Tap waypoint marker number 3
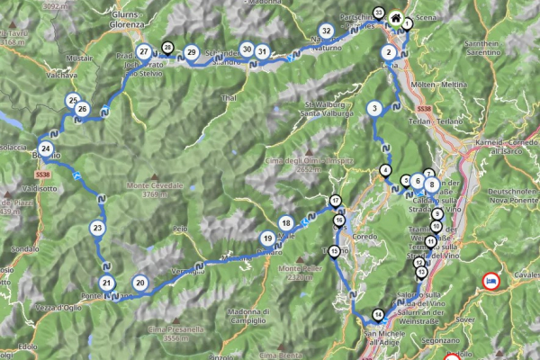pyautogui.click(x=389, y=52)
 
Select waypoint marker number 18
pyautogui.click(x=373, y=109)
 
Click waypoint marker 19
pyautogui.click(x=268, y=238)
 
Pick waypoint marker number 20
pyautogui.click(x=139, y=282)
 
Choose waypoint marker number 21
pyautogui.click(x=108, y=284)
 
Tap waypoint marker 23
pyautogui.click(x=97, y=229)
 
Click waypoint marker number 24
pyautogui.click(x=45, y=149)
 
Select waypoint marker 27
pyautogui.click(x=144, y=51)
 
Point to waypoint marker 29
pyautogui.click(x=192, y=53)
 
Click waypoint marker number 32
pyautogui.click(x=326, y=31)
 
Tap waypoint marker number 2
pyautogui.click(x=389, y=52)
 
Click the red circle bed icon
pyautogui.click(x=491, y=281)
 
